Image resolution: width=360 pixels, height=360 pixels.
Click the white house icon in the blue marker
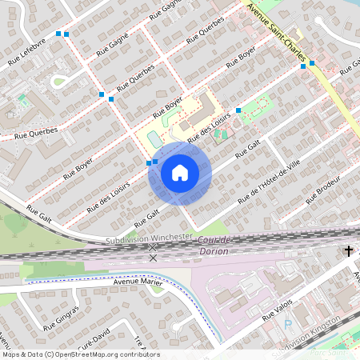pyautogui.click(x=179, y=172)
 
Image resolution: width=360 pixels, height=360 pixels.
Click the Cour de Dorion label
pyautogui.click(x=214, y=246)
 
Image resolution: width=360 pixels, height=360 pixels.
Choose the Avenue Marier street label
pyautogui.click(x=137, y=283)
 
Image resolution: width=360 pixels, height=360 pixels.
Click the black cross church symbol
pyautogui.click(x=348, y=251)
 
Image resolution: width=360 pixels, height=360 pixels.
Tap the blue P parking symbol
pyautogui.click(x=288, y=325)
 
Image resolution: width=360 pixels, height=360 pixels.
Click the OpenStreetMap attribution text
pyautogui.click(x=81, y=354)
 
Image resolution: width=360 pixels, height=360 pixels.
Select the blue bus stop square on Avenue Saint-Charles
pyautogui.click(x=312, y=62)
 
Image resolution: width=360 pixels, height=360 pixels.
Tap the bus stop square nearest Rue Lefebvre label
pyautogui.click(x=58, y=34)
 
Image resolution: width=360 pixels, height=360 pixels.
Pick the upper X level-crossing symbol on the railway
pyautogui.click(x=153, y=248)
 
